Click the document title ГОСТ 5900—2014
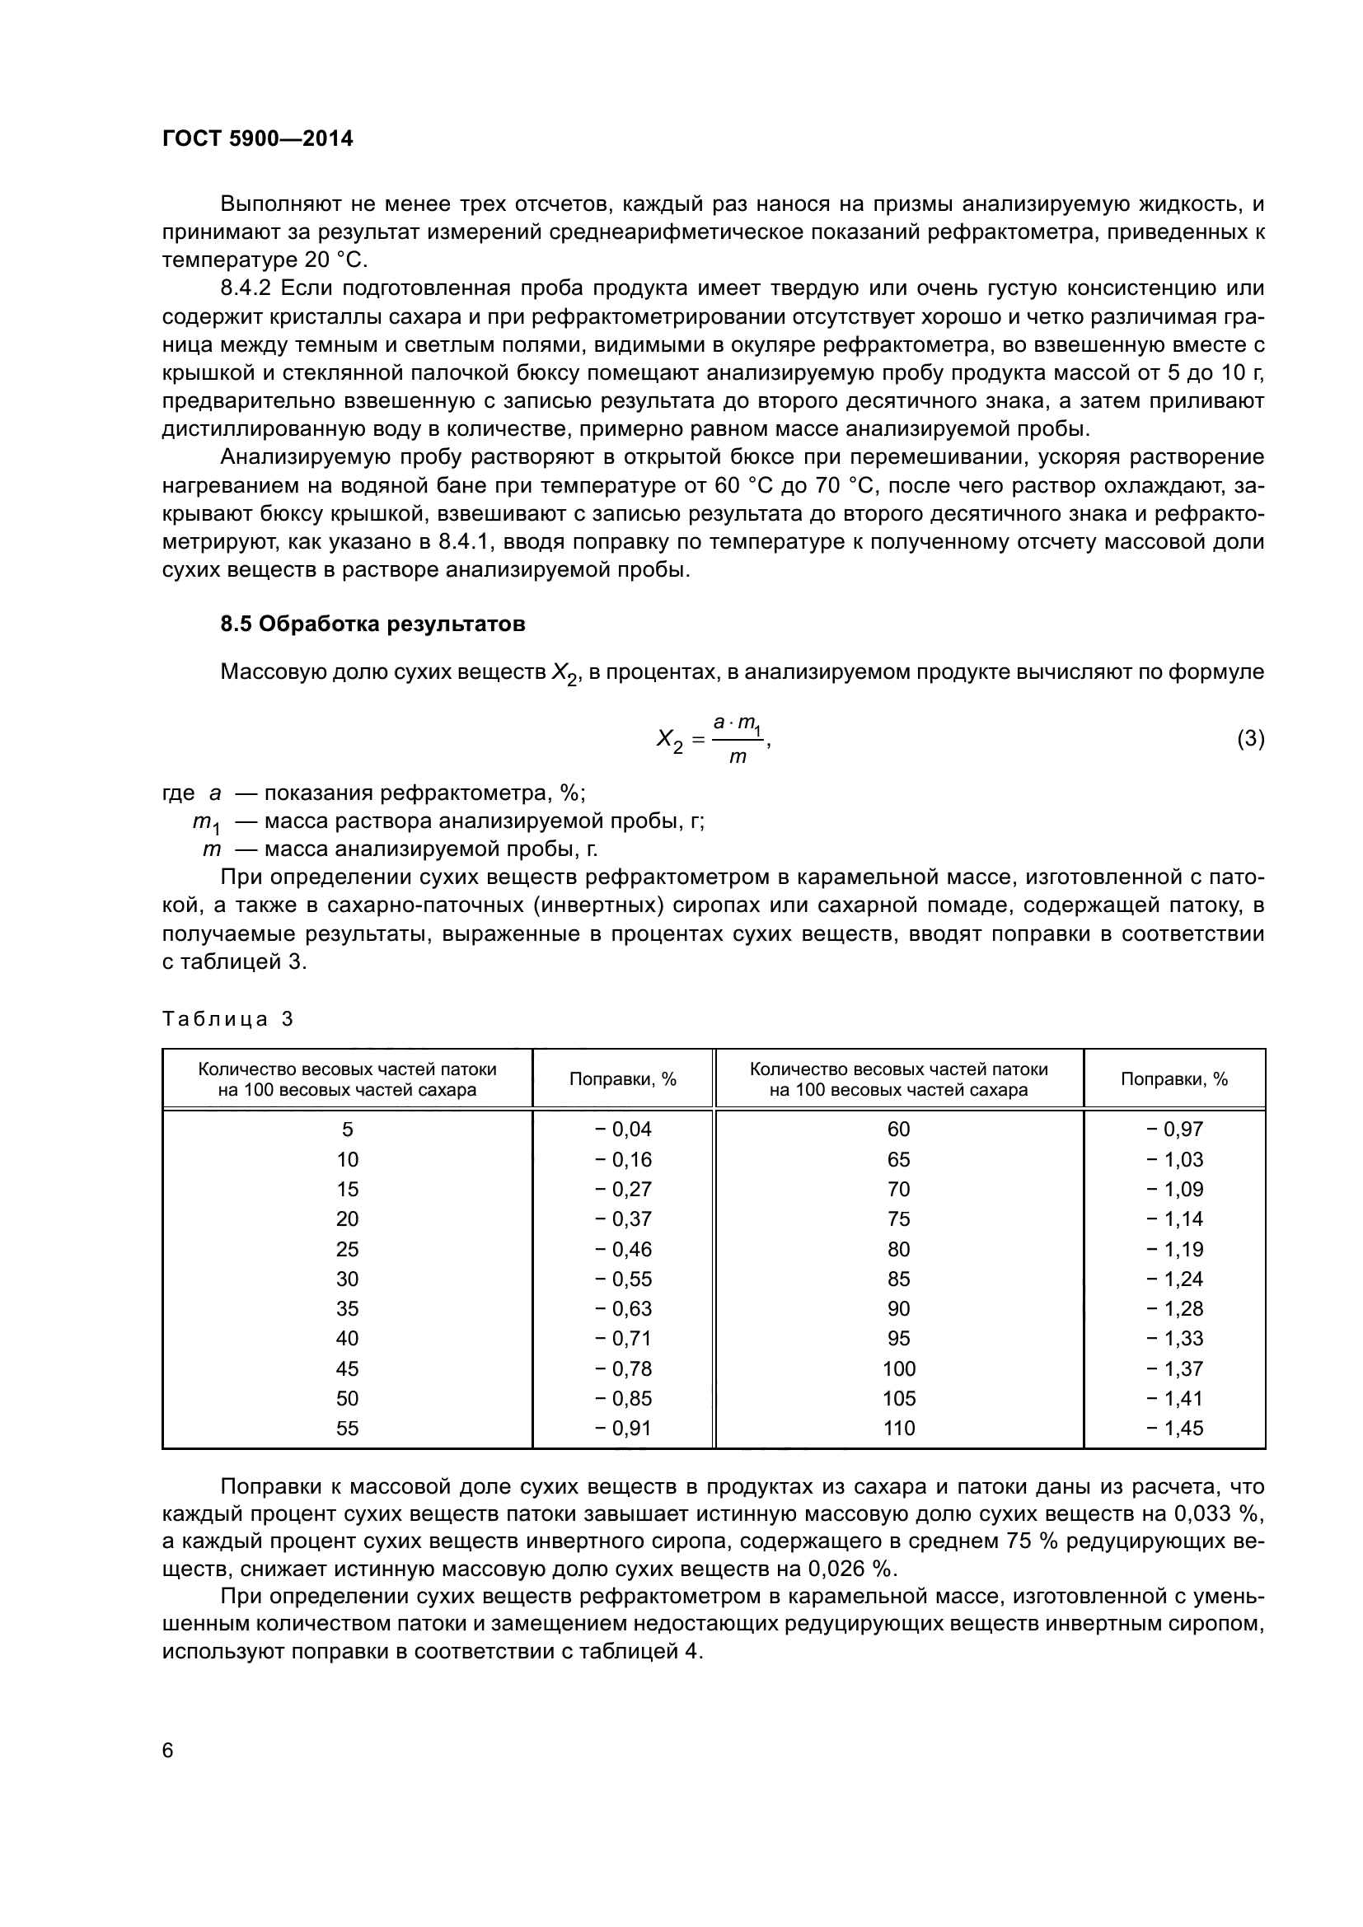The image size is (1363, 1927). [257, 138]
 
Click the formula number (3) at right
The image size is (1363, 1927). [1251, 738]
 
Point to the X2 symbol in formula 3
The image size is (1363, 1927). [669, 741]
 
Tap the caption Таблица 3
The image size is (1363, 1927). [227, 1019]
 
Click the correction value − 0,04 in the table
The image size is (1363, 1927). [623, 1129]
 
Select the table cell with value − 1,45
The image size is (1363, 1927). [1174, 1428]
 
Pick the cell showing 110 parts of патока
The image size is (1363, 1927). [898, 1428]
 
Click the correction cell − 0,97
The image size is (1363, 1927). [1174, 1129]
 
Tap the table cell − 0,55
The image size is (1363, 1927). [623, 1279]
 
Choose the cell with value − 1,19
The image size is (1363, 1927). [1174, 1249]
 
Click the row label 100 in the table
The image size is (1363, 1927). [898, 1368]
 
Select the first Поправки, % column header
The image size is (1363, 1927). [623, 1079]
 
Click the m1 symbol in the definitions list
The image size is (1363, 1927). [207, 821]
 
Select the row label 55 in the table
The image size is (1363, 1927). [347, 1428]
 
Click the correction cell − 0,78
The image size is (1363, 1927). [623, 1368]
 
